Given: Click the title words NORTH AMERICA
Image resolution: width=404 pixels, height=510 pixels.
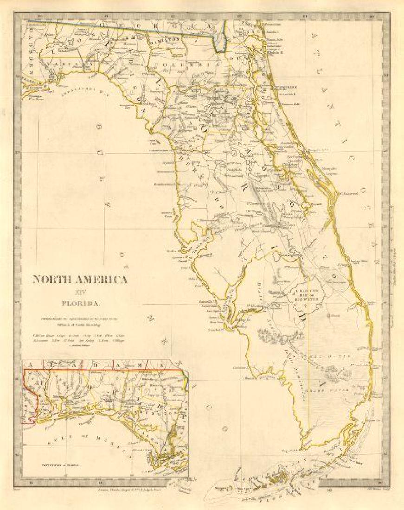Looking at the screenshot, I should click(x=80, y=280).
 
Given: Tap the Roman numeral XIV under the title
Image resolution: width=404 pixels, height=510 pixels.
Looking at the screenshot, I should click(x=80, y=293).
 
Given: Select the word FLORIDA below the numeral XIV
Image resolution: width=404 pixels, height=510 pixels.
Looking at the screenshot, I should click(x=80, y=304).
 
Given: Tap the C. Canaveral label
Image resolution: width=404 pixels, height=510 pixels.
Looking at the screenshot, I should click(x=350, y=193).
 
